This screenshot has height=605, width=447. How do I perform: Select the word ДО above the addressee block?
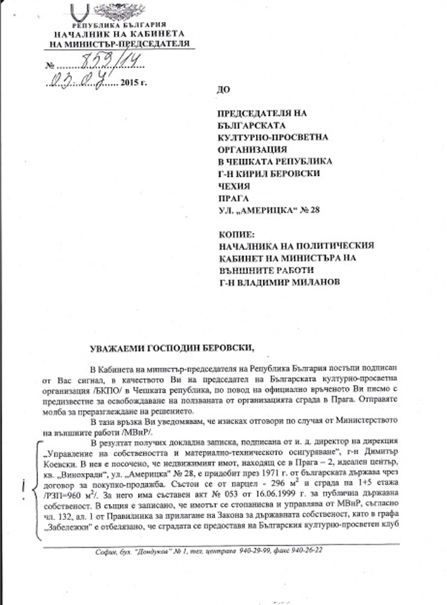[x=223, y=89]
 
